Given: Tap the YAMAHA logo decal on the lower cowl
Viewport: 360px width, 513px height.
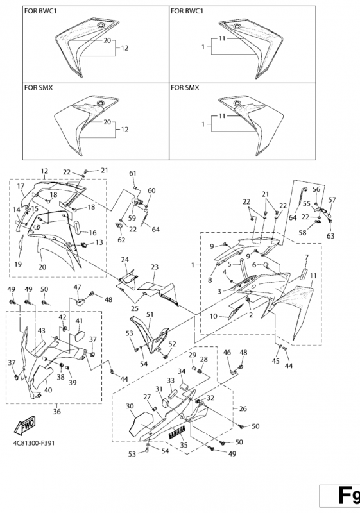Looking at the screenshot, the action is click(x=177, y=432).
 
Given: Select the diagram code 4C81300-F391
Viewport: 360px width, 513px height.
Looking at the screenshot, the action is click(x=34, y=443).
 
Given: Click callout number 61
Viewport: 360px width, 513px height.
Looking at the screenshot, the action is click(x=133, y=173).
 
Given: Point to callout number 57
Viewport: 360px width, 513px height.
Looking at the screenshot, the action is click(x=332, y=199).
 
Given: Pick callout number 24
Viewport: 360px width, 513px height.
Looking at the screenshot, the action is click(x=124, y=260).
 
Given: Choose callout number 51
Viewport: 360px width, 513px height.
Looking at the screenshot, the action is click(x=150, y=314).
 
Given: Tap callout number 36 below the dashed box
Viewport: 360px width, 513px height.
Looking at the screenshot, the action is click(x=57, y=411).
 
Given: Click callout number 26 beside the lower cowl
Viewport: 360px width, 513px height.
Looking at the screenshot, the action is click(x=243, y=408).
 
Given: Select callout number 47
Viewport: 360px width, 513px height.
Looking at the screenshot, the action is click(x=77, y=287).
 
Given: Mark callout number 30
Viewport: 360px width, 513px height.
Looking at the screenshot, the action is click(x=130, y=406).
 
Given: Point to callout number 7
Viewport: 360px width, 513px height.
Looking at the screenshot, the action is click(x=307, y=258).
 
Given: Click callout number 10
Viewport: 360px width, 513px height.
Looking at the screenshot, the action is click(x=214, y=316).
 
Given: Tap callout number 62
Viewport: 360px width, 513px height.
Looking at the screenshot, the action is click(x=121, y=240).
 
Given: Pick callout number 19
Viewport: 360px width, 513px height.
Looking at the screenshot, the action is click(x=18, y=264).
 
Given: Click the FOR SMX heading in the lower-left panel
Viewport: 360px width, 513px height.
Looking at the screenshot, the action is click(x=39, y=88).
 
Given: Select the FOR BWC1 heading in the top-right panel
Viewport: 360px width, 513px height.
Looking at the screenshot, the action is click(x=187, y=11).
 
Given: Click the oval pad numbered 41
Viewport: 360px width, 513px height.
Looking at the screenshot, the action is click(x=80, y=336).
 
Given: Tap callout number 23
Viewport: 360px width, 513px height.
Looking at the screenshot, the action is click(x=155, y=267).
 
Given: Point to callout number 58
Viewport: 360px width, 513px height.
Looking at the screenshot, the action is click(x=302, y=233).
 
